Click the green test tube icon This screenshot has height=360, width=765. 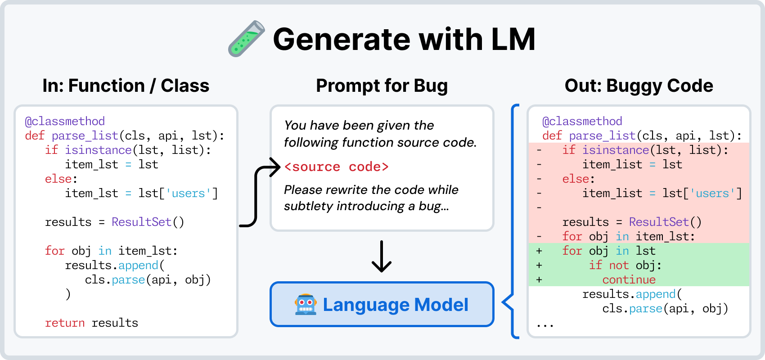point(246,39)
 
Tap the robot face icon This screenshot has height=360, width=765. point(305,304)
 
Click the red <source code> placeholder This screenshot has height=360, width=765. point(337,166)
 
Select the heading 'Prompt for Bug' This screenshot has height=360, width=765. point(382,85)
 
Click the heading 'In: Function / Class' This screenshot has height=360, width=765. point(126,85)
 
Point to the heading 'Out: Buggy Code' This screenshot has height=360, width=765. point(639,85)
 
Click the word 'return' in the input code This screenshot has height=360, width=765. point(65,323)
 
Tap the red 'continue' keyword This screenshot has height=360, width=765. point(629,280)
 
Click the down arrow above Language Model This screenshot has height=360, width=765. point(382,256)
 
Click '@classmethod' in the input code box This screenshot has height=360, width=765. point(65,121)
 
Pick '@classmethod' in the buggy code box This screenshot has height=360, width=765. point(582,121)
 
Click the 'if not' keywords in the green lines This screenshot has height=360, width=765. point(609,265)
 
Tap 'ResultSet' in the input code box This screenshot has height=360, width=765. point(141,222)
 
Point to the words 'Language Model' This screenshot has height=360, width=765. point(396,305)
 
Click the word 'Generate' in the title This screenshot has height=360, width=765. point(342,39)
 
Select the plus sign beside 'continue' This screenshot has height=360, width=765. point(539,280)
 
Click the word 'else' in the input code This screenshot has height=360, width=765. point(58,179)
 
